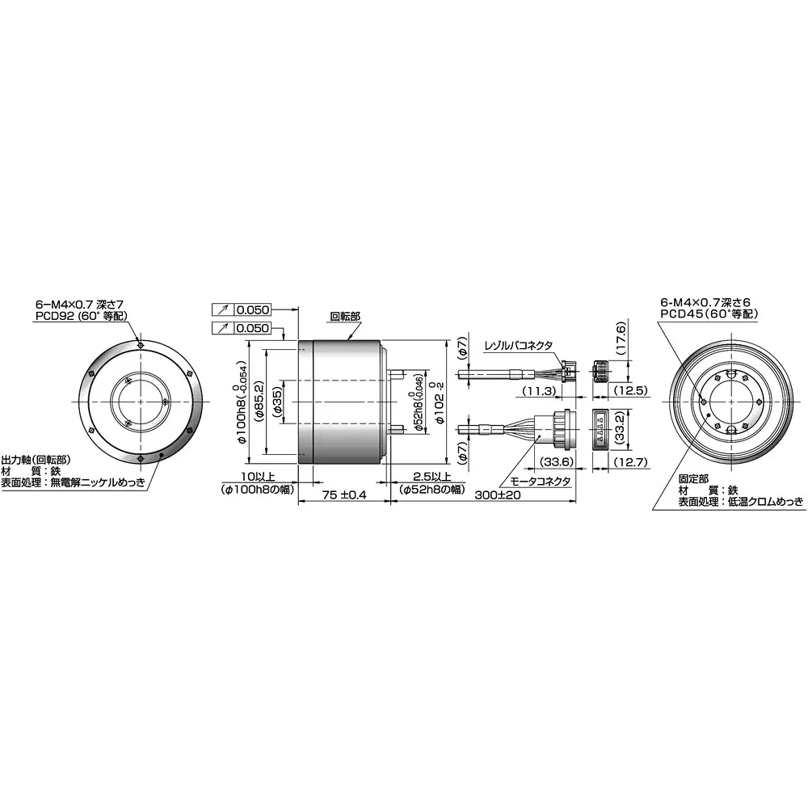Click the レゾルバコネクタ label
(518, 345)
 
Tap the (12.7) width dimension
(631, 462)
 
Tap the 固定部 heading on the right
(693, 478)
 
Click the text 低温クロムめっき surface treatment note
(767, 502)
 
